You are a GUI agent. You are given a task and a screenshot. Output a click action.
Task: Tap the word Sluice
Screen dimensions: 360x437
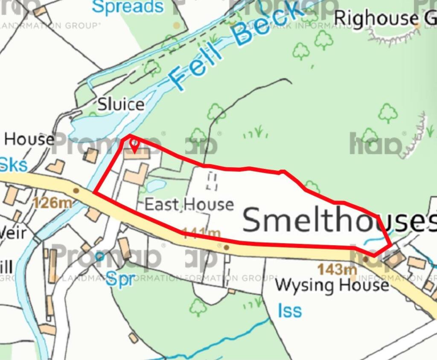click(x=121, y=105)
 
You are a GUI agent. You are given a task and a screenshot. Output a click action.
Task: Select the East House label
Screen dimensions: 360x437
click(x=189, y=204)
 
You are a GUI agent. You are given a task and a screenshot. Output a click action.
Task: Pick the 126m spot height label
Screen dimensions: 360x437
click(x=52, y=203)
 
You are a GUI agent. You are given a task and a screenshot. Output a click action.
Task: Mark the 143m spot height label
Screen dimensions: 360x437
click(x=337, y=269)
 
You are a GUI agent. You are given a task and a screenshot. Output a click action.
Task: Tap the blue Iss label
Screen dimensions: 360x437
click(x=290, y=311)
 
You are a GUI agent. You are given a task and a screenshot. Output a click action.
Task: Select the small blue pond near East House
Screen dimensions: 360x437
click(x=156, y=186)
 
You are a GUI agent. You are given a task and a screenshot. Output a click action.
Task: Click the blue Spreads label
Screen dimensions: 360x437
click(x=128, y=7)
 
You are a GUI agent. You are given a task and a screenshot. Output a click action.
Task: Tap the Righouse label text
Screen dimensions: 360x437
click(x=376, y=18)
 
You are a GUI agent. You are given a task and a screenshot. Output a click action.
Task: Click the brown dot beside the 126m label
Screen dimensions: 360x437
click(x=76, y=190)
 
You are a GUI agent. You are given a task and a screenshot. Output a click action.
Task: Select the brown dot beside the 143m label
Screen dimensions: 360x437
click(x=366, y=259)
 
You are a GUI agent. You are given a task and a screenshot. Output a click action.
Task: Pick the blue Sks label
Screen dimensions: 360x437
click(x=14, y=165)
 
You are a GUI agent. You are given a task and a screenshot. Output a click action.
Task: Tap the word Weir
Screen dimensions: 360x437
click(x=13, y=233)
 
